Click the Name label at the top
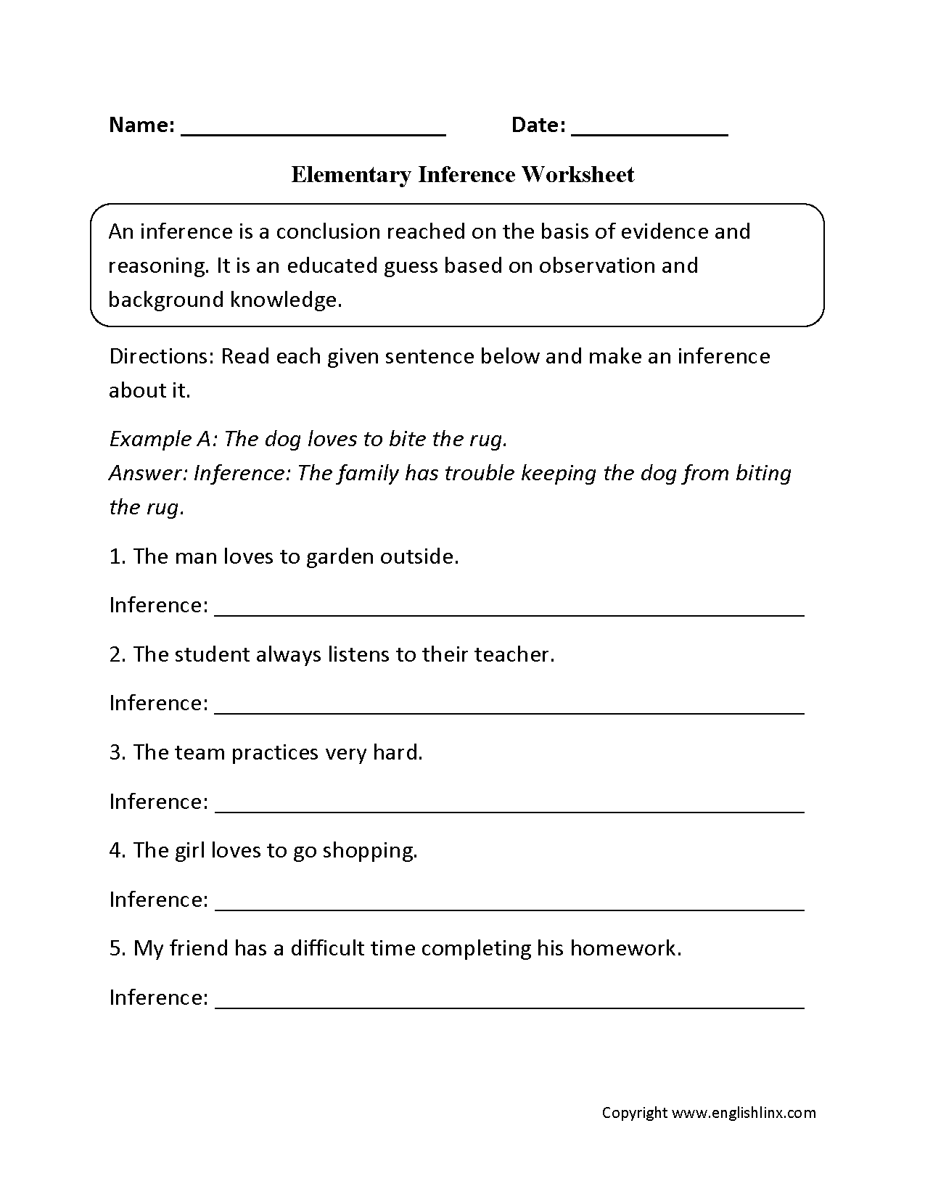141,125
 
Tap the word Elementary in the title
350,175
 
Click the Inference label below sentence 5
159,997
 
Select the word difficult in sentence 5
327,948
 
